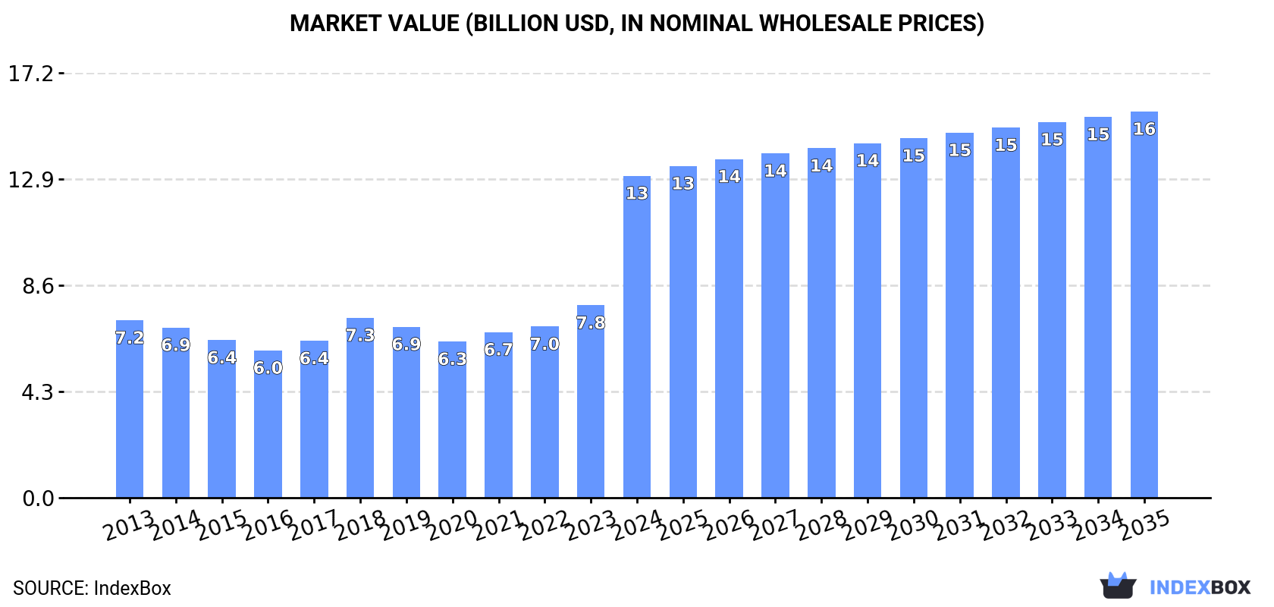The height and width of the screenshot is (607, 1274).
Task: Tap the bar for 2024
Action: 637,341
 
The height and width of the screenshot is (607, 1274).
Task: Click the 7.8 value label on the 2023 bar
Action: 591,323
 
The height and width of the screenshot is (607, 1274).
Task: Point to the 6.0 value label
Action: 268,368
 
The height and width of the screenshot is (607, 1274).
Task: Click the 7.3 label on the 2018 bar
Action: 360,335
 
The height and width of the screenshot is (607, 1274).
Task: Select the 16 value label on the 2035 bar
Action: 1144,129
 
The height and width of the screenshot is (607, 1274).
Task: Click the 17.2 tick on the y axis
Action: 31,74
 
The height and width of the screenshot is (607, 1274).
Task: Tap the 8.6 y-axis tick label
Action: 38,286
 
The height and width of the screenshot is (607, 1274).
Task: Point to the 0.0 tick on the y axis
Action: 38,498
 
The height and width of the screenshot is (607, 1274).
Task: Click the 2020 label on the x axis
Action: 453,525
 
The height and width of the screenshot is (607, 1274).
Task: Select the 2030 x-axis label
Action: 914,525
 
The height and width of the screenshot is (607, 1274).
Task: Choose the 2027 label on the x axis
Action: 775,525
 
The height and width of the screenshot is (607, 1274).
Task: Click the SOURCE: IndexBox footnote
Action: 92,588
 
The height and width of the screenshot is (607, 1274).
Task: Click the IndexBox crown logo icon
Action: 1118,586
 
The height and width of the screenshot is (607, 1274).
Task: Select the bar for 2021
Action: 498,417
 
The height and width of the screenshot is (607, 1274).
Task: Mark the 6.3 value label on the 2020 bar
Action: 453,359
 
